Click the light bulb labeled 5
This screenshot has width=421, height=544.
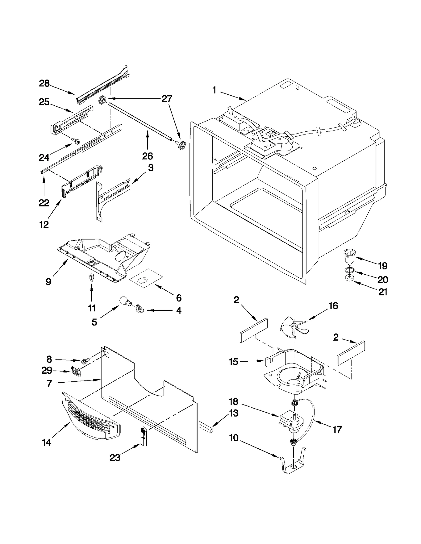click(x=125, y=301)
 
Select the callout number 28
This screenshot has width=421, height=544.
click(x=44, y=84)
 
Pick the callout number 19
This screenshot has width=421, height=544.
click(x=383, y=266)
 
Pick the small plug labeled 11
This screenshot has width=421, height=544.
click(x=91, y=277)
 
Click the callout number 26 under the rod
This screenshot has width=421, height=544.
click(x=147, y=156)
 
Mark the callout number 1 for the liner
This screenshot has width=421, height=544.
click(x=214, y=90)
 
